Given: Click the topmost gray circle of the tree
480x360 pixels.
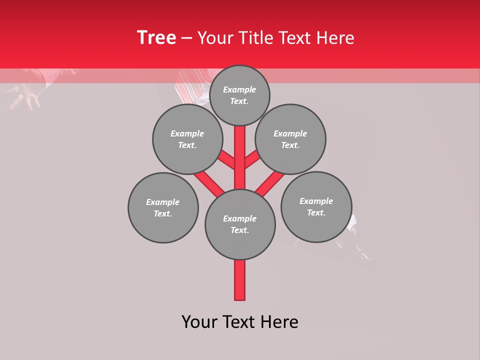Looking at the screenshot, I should click(x=239, y=95).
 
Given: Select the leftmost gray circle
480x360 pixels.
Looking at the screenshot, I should click(x=163, y=207).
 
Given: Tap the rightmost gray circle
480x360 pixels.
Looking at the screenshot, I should click(x=316, y=206).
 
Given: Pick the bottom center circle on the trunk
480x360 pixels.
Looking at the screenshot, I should click(x=240, y=224).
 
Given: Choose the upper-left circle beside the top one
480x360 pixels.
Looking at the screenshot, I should click(x=187, y=139).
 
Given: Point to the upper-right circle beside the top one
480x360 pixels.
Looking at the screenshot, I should click(x=290, y=139).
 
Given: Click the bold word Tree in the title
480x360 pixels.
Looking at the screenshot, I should click(x=156, y=37).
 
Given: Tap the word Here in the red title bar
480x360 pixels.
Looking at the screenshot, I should click(x=335, y=37).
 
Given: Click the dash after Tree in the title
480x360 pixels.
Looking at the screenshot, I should click(x=187, y=38).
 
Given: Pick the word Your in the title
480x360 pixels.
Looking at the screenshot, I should click(x=216, y=37).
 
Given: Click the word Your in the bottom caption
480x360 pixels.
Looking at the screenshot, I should click(x=200, y=322).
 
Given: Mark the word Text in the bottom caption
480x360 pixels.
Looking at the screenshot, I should click(x=239, y=322).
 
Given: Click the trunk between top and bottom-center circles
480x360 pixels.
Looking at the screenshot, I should click(x=240, y=157).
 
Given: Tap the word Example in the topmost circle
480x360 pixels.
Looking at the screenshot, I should click(x=239, y=89).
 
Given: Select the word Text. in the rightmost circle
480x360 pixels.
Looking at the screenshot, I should click(x=316, y=212).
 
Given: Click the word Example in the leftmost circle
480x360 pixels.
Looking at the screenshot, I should click(x=162, y=202).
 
